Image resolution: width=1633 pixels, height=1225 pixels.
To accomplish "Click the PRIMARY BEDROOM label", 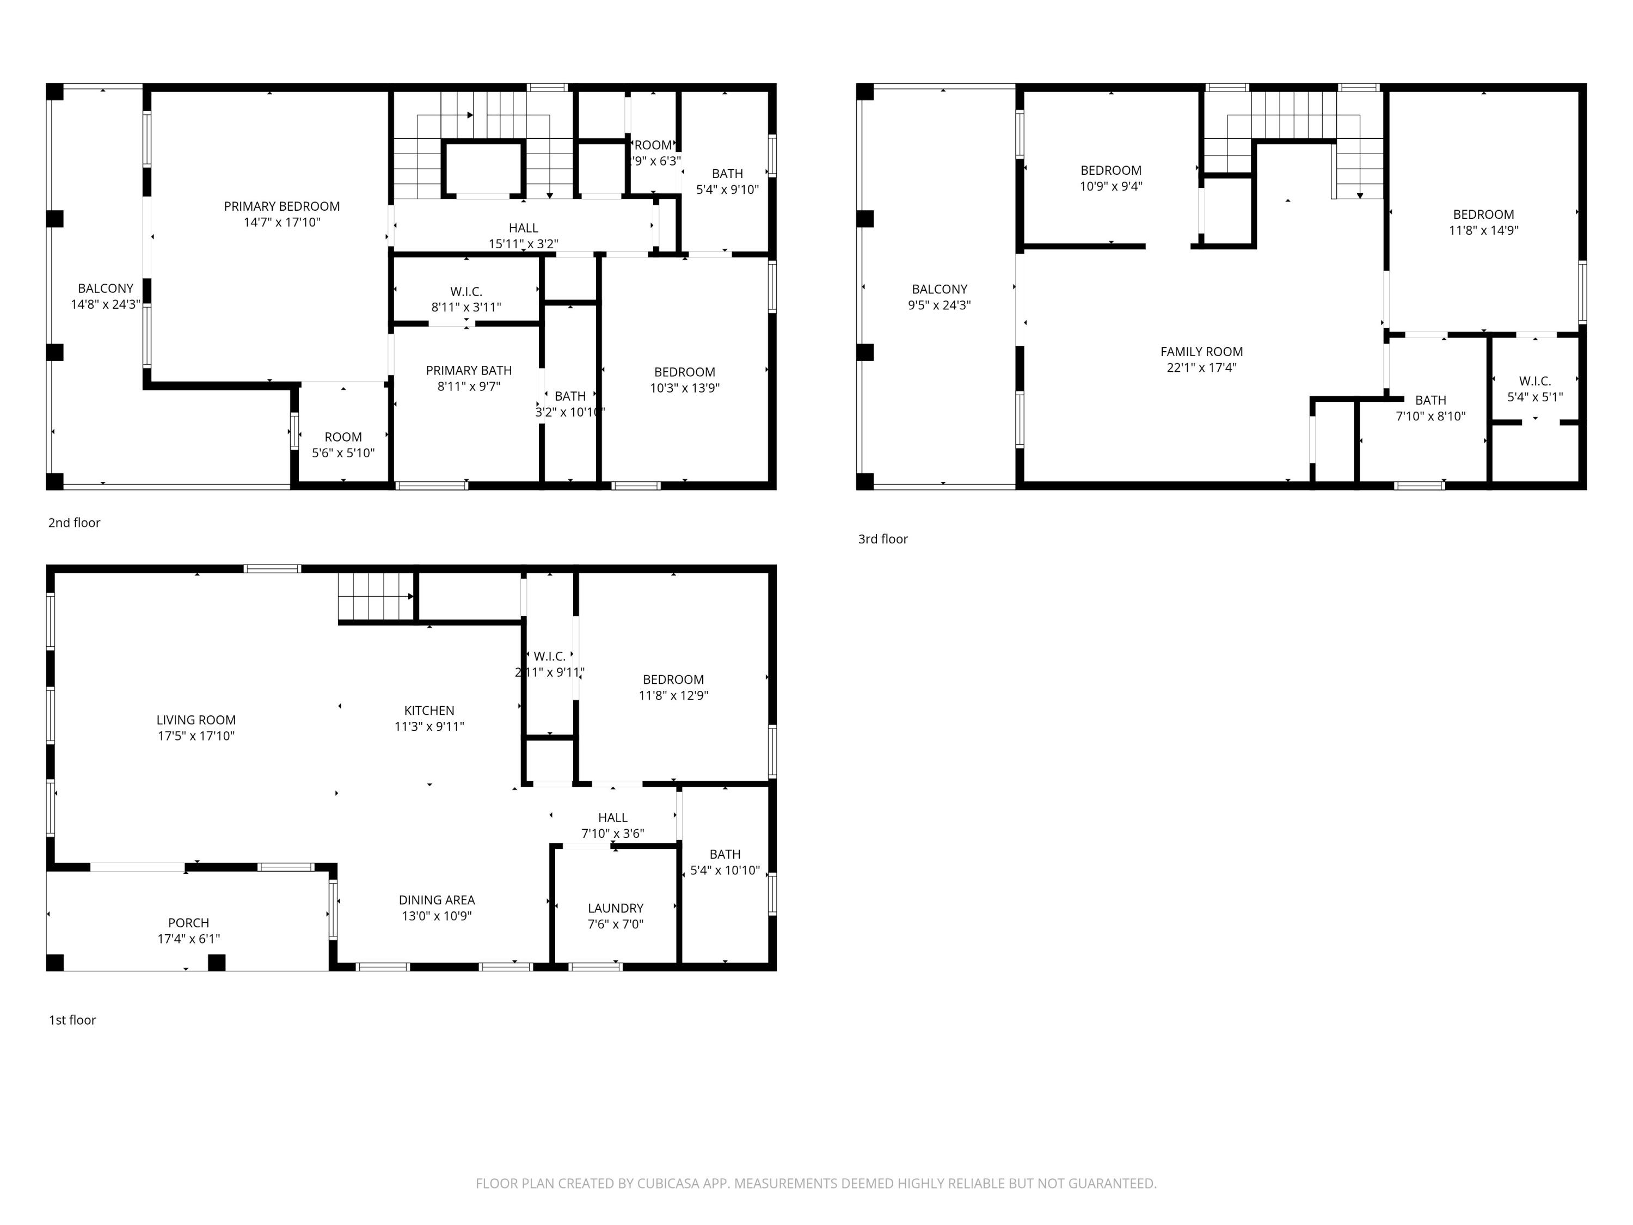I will [x=282, y=206].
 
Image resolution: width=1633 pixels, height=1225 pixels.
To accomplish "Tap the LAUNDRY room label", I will [x=615, y=908].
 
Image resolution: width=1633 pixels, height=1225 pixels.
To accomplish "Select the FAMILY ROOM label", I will [x=1201, y=352].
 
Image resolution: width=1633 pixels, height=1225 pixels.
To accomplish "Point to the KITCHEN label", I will [x=429, y=710].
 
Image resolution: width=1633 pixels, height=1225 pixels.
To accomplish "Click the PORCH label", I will [x=188, y=923].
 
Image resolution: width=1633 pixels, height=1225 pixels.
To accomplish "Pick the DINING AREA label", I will [x=437, y=900].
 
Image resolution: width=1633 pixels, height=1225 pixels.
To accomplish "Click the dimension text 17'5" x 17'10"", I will [x=195, y=736].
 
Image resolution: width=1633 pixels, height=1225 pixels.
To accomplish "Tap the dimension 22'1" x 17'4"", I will [x=1201, y=367].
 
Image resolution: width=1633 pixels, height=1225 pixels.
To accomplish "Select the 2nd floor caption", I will [x=74, y=523].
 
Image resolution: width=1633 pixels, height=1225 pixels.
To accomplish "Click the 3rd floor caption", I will [x=883, y=539].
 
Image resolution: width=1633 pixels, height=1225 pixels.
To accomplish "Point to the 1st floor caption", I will [x=72, y=1020].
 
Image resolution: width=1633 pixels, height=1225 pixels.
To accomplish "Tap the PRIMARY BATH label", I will [x=469, y=371].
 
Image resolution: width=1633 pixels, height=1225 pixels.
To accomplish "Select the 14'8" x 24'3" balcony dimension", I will [x=106, y=304].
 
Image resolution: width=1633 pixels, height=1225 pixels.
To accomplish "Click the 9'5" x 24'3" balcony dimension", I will [x=939, y=305].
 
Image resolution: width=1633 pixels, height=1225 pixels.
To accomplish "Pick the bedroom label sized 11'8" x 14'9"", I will [x=1483, y=214].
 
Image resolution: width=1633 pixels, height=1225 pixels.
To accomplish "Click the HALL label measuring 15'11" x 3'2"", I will [x=523, y=228].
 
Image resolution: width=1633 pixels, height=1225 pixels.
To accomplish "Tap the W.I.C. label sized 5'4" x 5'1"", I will [x=1535, y=381].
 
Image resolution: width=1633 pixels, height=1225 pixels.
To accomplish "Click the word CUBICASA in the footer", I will [x=667, y=1184].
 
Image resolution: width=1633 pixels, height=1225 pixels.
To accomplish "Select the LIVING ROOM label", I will [x=195, y=720].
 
